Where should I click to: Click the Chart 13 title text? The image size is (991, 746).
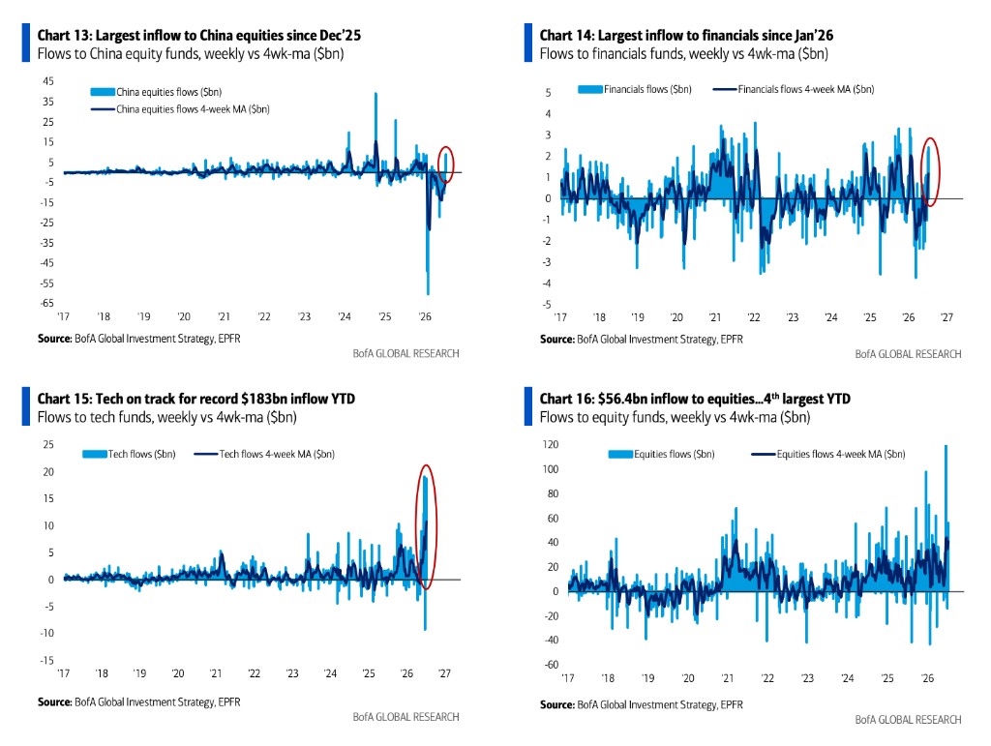pos(199,36)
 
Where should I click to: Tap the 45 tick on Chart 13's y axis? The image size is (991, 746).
pos(48,81)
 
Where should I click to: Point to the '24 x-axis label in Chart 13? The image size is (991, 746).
pos(345,316)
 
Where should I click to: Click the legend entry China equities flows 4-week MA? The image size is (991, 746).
pos(180,109)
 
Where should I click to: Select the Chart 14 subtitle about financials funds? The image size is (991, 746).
pos(684,53)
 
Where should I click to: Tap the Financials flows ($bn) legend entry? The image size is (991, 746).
pos(635,89)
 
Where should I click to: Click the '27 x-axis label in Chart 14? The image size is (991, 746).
pos(946,317)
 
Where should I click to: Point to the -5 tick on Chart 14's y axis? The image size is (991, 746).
pos(547,304)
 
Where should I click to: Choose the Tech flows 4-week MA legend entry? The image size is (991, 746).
pos(264,454)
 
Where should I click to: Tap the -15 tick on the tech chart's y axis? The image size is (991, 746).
pos(46,660)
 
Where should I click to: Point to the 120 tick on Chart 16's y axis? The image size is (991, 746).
pos(551,444)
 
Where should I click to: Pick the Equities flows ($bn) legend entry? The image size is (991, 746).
pos(661,454)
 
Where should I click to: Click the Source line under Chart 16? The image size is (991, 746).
pos(642,704)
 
